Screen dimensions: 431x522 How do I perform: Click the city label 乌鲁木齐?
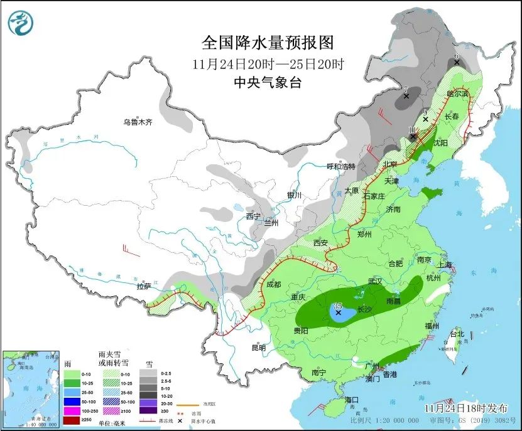click(x=138, y=122)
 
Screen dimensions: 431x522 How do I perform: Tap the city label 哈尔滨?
click(x=457, y=93)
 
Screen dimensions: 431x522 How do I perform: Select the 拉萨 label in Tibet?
click(x=143, y=287)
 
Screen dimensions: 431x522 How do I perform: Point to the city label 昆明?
click(x=258, y=348)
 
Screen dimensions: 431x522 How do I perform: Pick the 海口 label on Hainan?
click(x=351, y=400)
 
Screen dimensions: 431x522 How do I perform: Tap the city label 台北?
click(x=457, y=334)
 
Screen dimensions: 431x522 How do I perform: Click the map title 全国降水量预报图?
click(x=267, y=43)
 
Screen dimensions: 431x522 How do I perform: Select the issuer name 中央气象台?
click(x=267, y=82)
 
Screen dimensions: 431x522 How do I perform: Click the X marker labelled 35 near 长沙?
click(x=339, y=312)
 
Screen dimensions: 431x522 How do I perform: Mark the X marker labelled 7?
click(x=406, y=97)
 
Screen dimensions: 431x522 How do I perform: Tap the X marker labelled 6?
click(x=457, y=63)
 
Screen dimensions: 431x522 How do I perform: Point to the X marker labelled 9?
click(x=425, y=119)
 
